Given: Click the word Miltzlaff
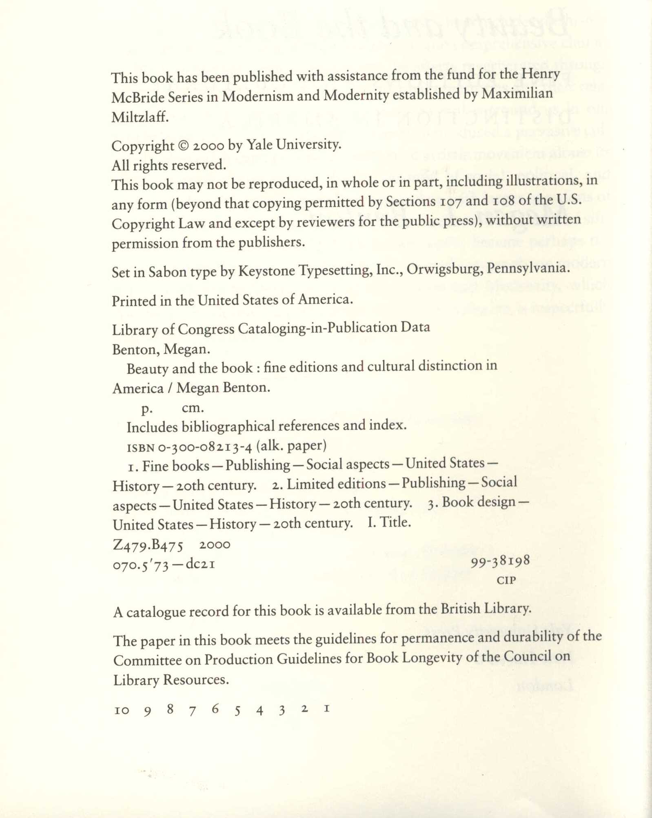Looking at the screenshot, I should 140,117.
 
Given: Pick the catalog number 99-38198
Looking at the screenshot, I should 500,562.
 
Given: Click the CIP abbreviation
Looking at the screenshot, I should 506,580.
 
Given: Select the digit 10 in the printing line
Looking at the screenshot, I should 122,710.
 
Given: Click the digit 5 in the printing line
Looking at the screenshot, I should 237,711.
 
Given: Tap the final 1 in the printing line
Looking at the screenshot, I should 326,708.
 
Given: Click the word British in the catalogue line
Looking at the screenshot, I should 460,609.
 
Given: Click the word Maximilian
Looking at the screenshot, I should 517,93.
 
